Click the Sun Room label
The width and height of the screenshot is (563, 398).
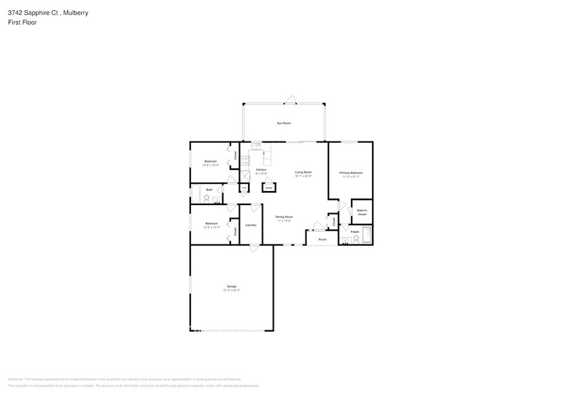click(284, 123)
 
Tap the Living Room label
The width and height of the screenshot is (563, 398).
click(303, 173)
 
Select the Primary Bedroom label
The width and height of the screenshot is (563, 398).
click(351, 174)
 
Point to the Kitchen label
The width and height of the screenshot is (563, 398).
click(261, 171)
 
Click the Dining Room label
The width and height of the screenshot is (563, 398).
click(283, 219)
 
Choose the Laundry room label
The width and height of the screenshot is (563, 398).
click(251, 224)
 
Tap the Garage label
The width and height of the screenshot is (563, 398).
click(232, 288)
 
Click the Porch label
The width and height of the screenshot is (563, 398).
click(322, 239)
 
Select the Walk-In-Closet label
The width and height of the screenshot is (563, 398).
click(362, 212)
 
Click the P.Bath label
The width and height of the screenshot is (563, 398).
click(354, 232)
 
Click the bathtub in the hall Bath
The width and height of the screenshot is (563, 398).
click(196, 195)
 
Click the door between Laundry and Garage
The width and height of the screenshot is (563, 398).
click(253, 248)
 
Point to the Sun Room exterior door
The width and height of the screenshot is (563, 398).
click(291, 100)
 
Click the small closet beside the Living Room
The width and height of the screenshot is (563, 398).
click(268, 187)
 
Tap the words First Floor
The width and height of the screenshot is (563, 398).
click(23, 22)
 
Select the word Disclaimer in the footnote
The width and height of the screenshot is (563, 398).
click(16, 380)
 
